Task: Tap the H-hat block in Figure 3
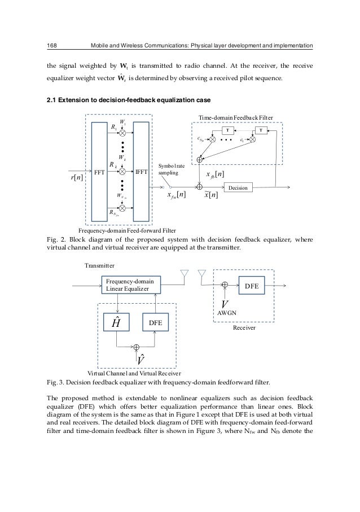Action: pos(115,323)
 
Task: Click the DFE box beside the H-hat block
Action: pos(156,323)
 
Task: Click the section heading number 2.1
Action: pos(52,101)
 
